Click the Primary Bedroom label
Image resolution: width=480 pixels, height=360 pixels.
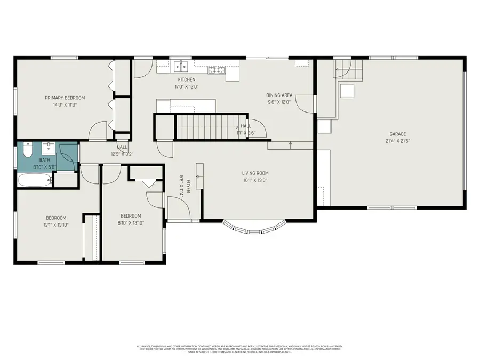click(x=65, y=98)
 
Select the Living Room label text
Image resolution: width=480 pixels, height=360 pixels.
click(x=255, y=173)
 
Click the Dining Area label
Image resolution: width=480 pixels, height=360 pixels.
click(x=279, y=95)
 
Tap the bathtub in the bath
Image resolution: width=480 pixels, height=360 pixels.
click(x=34, y=180)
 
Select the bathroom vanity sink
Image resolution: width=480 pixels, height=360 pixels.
click(x=49, y=147)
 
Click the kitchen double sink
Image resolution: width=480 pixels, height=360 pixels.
click(x=181, y=67)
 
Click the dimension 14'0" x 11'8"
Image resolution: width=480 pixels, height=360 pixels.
click(x=65, y=105)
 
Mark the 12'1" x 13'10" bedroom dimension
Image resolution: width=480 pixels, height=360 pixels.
click(x=56, y=225)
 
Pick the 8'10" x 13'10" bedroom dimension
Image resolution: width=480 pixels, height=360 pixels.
click(x=131, y=223)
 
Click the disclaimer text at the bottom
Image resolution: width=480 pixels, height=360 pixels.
click(x=243, y=349)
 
